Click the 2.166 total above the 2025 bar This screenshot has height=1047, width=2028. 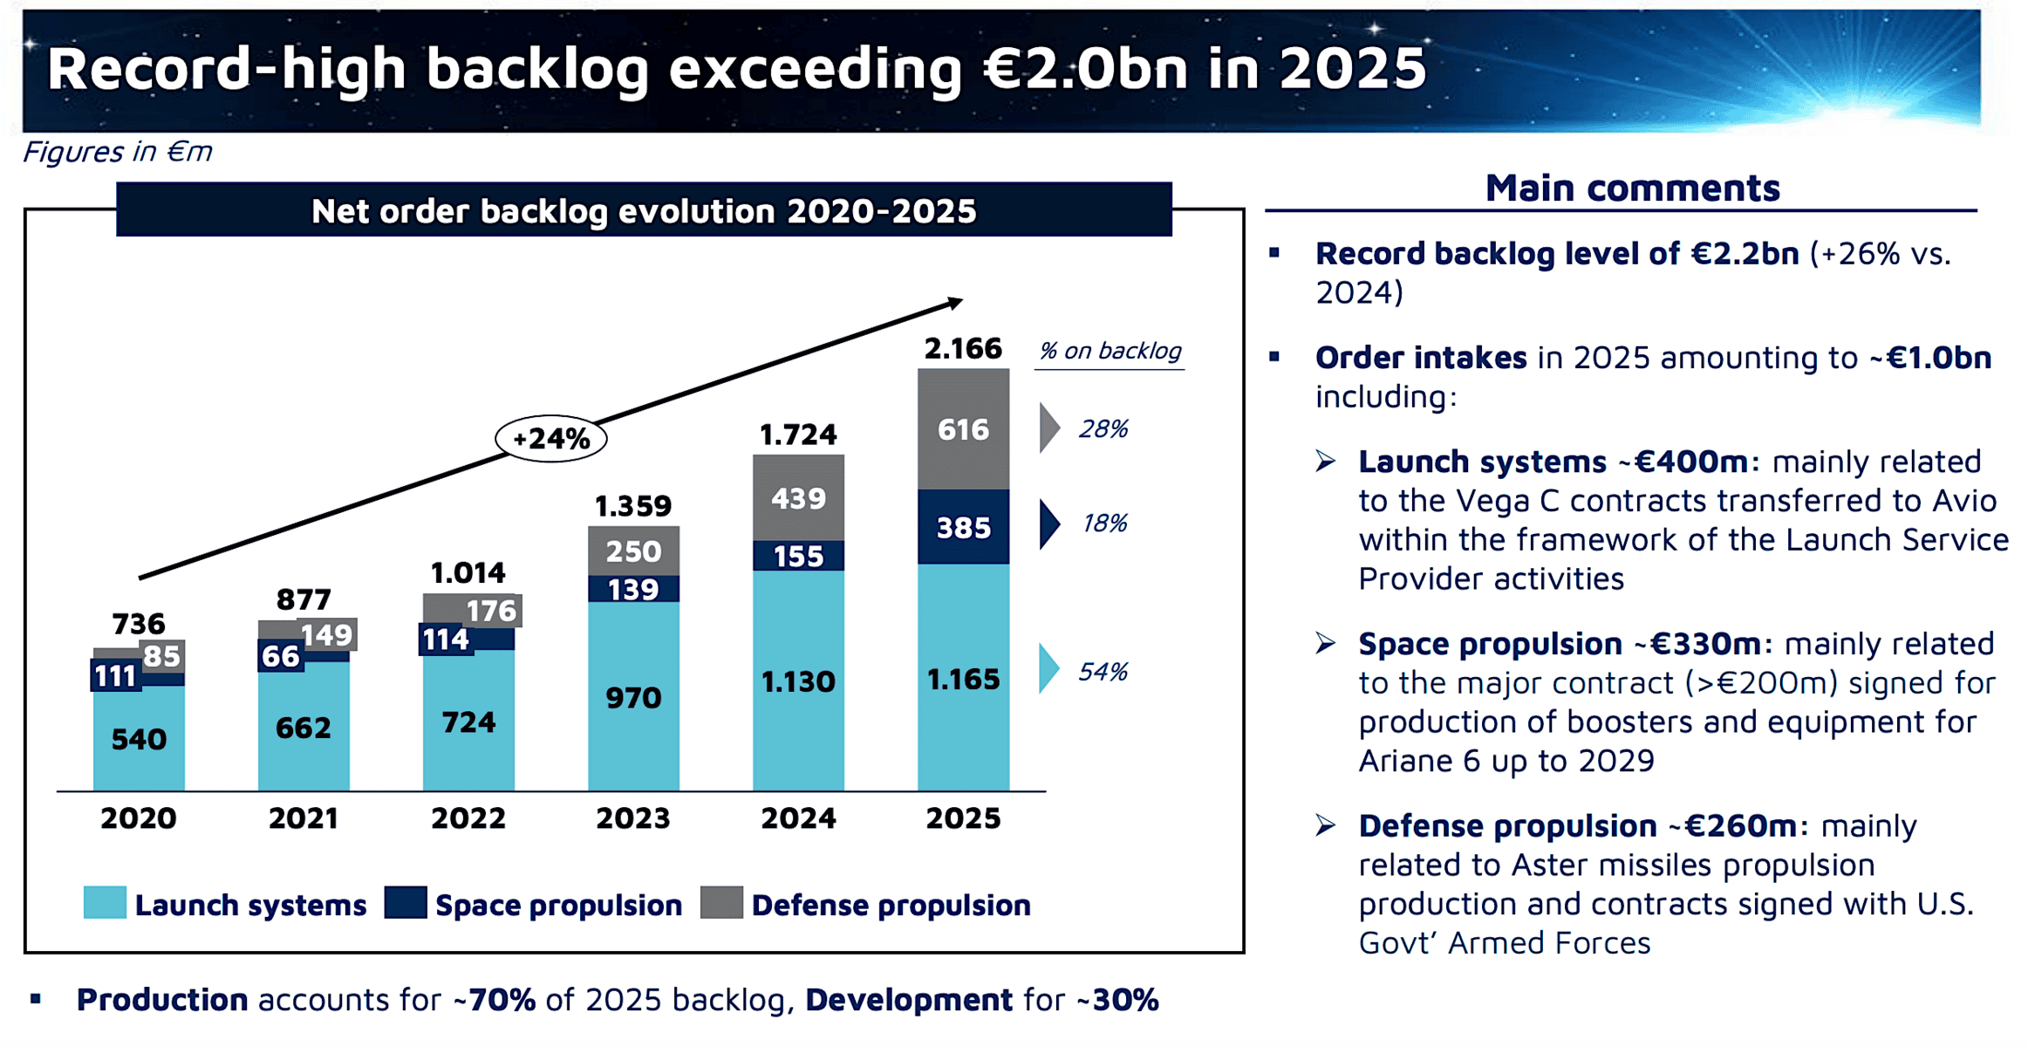coord(963,349)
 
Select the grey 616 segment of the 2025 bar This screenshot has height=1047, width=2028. coord(963,429)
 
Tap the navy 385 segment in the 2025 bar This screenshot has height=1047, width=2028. coord(963,527)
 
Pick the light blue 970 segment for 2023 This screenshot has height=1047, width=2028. coord(633,696)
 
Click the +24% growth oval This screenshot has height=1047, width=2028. coord(551,438)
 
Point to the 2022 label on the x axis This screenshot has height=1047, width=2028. coord(468,818)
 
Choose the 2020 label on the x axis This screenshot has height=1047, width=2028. coord(139,818)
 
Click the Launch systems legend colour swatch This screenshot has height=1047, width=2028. coord(105,903)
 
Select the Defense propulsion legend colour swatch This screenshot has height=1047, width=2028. coord(721,903)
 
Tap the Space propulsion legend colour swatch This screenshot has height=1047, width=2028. coord(406,903)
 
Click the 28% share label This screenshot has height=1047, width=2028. coord(1103,428)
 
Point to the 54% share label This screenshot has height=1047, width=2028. coord(1103,671)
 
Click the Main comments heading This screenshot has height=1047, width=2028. coord(1632,188)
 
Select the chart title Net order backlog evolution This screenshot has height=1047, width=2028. coord(644,211)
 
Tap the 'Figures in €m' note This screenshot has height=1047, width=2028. coord(117,152)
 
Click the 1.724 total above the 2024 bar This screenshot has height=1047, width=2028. coord(798,435)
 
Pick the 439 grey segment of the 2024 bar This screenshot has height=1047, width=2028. coord(798,498)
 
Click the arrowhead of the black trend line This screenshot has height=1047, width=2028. coord(956,302)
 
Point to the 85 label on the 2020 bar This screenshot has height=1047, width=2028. coord(161,656)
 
